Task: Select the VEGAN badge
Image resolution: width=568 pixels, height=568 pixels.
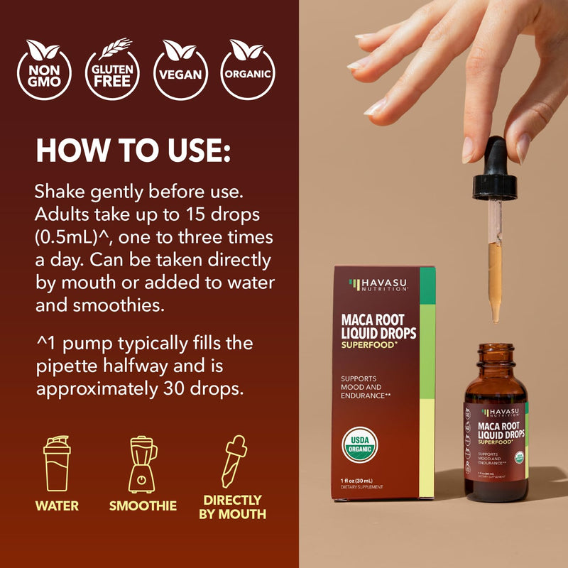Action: click(181, 69)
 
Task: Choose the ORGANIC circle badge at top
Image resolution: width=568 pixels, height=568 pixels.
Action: click(248, 69)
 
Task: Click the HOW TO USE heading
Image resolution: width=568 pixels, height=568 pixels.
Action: click(133, 151)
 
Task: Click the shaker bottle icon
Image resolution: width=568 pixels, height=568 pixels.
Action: click(57, 465)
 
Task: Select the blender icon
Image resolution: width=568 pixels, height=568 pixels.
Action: click(143, 465)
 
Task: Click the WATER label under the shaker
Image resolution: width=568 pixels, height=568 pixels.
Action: click(57, 506)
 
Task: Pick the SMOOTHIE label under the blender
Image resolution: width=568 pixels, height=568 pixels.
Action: click(143, 506)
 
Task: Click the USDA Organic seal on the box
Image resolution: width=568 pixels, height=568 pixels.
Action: click(360, 442)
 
